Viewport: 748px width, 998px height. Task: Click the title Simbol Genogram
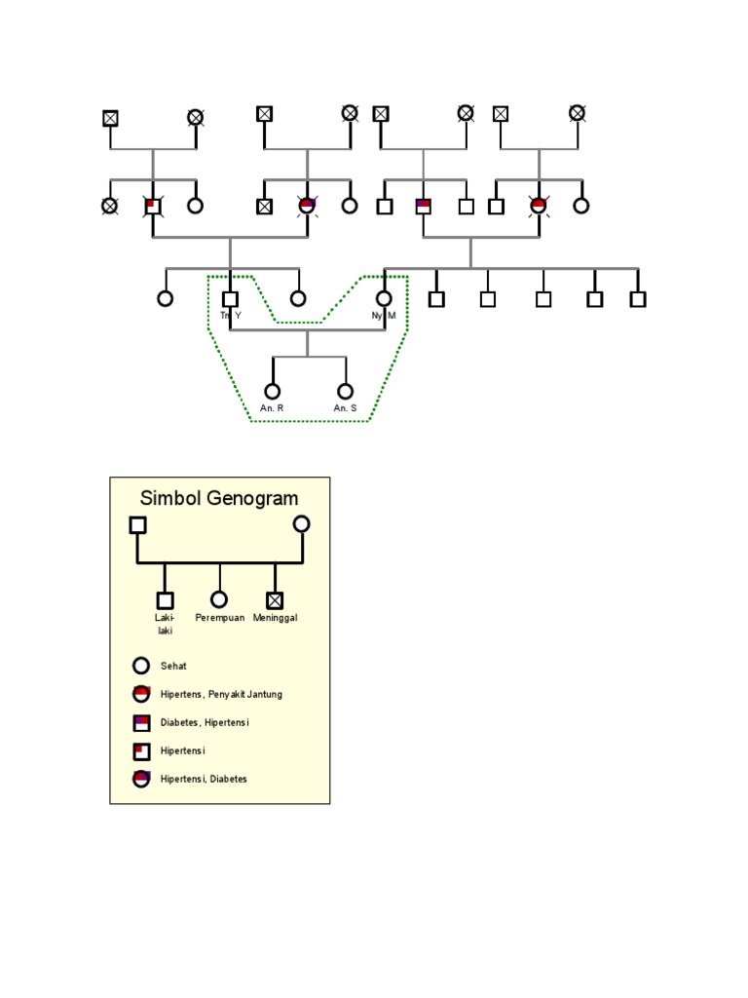[219, 498]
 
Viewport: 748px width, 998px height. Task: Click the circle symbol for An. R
[273, 391]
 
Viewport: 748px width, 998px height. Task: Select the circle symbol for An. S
[345, 391]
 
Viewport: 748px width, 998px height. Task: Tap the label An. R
[272, 408]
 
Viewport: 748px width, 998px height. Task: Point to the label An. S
[345, 408]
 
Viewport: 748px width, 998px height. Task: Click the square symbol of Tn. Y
[230, 299]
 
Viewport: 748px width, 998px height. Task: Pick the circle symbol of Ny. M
[384, 298]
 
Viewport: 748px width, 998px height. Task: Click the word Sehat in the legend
[173, 667]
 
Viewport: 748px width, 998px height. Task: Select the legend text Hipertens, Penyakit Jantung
[221, 695]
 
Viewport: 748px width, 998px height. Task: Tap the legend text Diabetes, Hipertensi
[205, 723]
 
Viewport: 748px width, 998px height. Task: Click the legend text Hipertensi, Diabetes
[204, 780]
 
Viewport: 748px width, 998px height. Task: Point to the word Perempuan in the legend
[219, 619]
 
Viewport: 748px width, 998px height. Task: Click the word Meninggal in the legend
[276, 619]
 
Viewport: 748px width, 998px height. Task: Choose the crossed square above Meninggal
[276, 600]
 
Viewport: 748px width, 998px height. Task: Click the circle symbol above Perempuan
[219, 599]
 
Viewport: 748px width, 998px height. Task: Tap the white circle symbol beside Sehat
[141, 667]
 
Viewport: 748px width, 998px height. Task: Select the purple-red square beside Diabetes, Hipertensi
[141, 723]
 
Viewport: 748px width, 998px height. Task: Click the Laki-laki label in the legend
[164, 624]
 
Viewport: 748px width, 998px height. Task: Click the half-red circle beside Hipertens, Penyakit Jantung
[141, 694]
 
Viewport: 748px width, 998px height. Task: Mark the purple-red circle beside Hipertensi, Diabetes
[141, 779]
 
